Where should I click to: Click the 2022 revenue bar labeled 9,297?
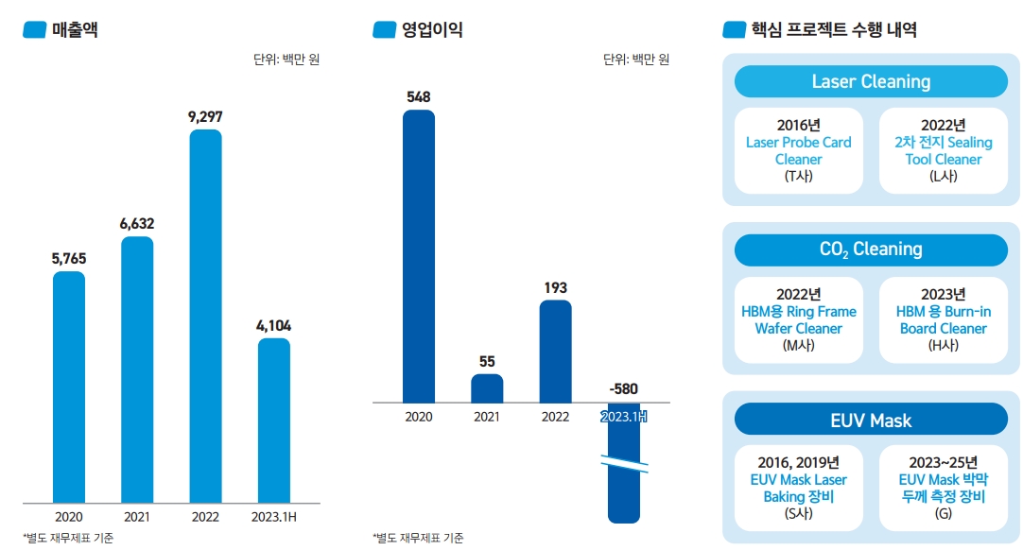click(x=205, y=316)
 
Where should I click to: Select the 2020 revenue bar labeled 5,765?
click(x=68, y=387)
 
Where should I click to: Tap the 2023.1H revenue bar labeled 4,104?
click(x=274, y=420)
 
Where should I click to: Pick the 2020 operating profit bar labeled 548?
click(x=419, y=256)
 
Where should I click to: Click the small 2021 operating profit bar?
click(x=487, y=388)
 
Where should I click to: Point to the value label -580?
click(x=623, y=388)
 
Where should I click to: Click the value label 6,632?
click(x=137, y=224)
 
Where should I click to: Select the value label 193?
click(x=555, y=287)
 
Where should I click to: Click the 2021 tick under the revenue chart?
click(x=137, y=517)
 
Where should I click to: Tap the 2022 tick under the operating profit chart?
click(x=555, y=417)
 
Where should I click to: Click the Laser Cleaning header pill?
click(x=871, y=81)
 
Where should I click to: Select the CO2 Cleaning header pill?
click(x=871, y=249)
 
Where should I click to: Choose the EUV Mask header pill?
click(x=871, y=419)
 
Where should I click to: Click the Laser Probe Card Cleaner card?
click(x=799, y=150)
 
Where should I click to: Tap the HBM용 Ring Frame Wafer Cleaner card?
click(x=799, y=319)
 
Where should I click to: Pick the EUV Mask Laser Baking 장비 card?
click(x=799, y=488)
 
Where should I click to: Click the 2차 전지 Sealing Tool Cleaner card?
click(x=944, y=150)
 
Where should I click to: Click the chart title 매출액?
click(x=75, y=30)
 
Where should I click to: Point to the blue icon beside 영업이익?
click(x=384, y=30)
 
